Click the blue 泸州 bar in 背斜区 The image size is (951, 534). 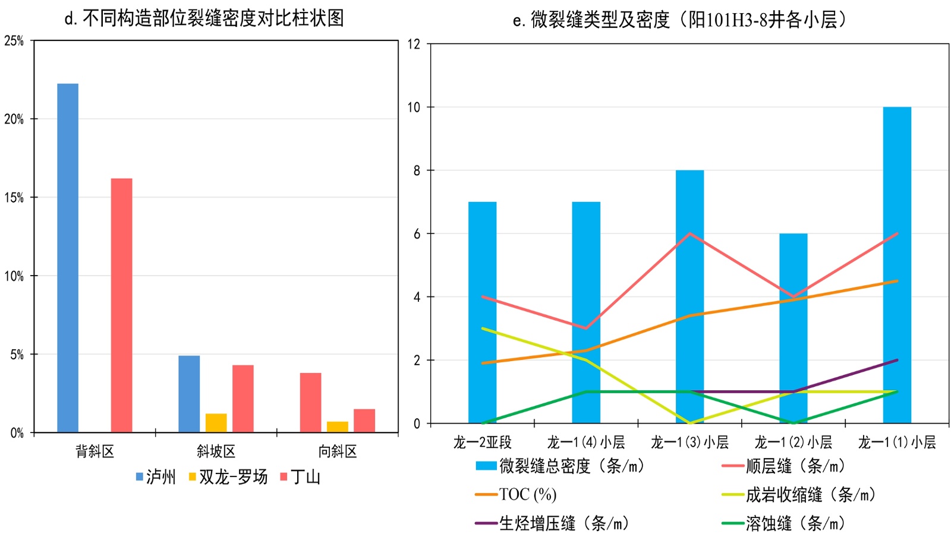[68, 258]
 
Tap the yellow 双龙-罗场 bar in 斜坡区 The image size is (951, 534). [216, 422]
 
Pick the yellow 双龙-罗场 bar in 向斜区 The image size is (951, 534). [337, 426]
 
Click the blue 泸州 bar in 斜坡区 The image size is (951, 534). [189, 393]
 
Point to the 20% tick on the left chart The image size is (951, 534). [14, 119]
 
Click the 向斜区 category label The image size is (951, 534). [337, 451]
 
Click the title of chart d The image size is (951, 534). [204, 18]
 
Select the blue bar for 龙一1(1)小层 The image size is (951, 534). [897, 265]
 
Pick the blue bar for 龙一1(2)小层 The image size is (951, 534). [793, 328]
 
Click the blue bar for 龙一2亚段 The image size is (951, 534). [482, 312]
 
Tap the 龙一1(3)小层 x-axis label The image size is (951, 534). [689, 443]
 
